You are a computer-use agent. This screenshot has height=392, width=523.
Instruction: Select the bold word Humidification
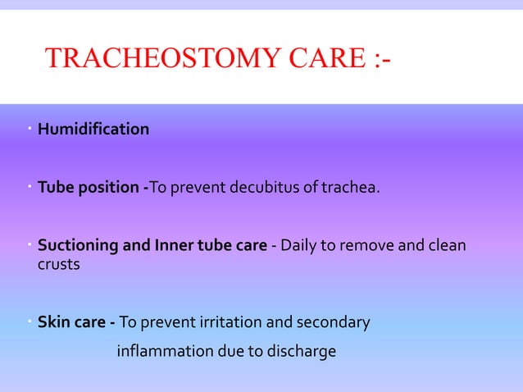93,130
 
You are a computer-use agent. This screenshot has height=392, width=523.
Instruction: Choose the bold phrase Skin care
71,322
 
